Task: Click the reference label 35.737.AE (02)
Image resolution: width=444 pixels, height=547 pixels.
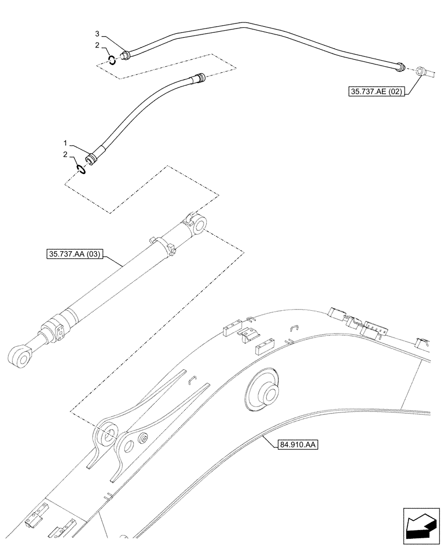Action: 375,92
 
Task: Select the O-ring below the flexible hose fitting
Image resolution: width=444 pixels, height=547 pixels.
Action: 81,169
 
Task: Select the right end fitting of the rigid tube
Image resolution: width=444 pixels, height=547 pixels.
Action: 401,66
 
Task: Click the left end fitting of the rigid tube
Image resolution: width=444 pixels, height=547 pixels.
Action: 125,54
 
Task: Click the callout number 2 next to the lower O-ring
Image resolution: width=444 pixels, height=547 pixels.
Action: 67,155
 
